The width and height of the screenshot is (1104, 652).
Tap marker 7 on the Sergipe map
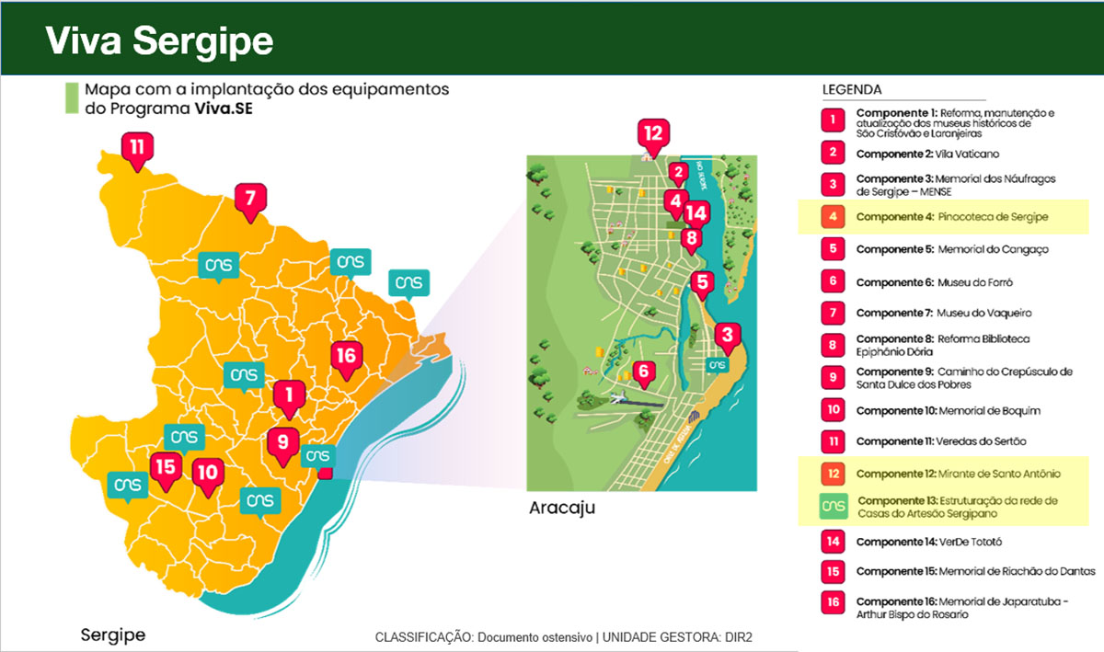pyautogui.click(x=248, y=199)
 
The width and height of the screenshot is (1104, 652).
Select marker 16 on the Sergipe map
pyautogui.click(x=346, y=357)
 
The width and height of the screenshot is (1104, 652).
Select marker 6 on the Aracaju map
pyautogui.click(x=644, y=372)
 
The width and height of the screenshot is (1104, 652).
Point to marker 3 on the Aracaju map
pyautogui.click(x=727, y=336)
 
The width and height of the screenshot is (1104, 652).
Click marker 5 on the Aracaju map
pyautogui.click(x=702, y=283)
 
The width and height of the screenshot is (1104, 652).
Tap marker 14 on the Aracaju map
pyautogui.click(x=696, y=214)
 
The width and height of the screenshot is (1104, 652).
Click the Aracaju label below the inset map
pyautogui.click(x=562, y=508)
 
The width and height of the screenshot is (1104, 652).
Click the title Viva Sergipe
pyautogui.click(x=159, y=40)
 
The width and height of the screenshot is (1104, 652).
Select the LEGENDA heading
pyautogui.click(x=851, y=90)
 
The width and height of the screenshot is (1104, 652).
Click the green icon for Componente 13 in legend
pyautogui.click(x=833, y=507)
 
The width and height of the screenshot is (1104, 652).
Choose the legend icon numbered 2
pyautogui.click(x=833, y=154)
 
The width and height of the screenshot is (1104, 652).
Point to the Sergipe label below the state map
pyautogui.click(x=112, y=635)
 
